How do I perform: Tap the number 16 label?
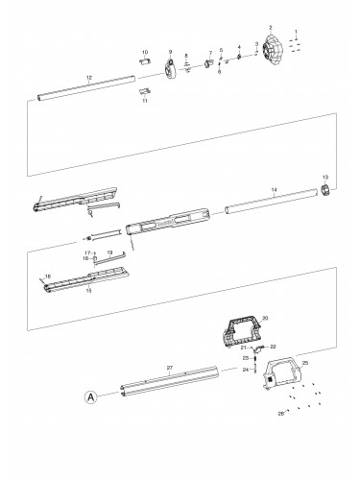click(x=46, y=276)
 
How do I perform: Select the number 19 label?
click(x=110, y=252)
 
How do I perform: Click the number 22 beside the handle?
click(x=274, y=346)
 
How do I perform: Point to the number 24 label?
click(x=244, y=370)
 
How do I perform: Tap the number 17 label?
click(x=85, y=252)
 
